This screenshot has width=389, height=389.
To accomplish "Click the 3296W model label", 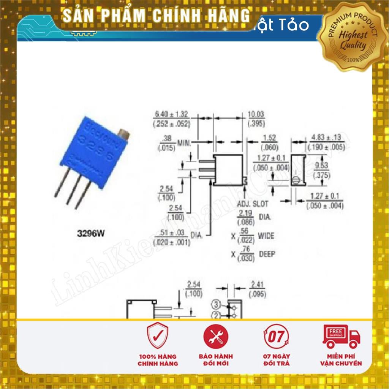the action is [90, 234].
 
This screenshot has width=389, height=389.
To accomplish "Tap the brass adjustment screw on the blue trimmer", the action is [123, 134].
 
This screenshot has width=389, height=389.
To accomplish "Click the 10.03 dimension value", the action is [256, 115].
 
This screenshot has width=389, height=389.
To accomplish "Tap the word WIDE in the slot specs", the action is [266, 236].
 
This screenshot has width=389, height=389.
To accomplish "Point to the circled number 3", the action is [216, 304].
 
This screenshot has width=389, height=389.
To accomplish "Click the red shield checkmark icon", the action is [157, 335].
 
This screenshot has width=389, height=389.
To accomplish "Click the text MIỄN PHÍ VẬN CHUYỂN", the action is [341, 360].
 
